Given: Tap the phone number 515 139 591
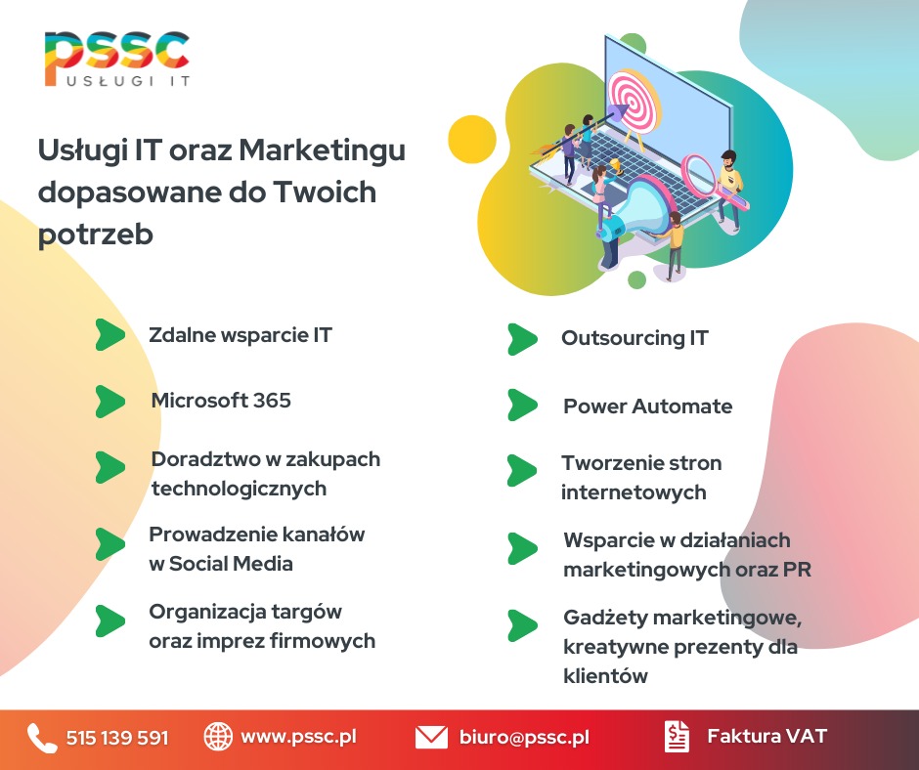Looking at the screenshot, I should tap(117, 738).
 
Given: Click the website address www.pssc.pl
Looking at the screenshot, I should tap(297, 737).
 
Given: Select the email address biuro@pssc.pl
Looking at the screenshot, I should tap(524, 738).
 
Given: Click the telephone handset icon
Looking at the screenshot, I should tap(42, 738).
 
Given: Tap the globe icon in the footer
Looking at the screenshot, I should tap(218, 737).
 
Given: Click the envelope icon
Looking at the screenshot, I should tap(431, 738).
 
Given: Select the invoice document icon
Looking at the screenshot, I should tap(676, 737).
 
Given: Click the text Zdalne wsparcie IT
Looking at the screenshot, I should tap(241, 335).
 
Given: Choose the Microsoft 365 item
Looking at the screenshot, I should tap(221, 401).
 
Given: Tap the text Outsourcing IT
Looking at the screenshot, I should tap(635, 339).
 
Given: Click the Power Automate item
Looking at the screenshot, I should tap(647, 406).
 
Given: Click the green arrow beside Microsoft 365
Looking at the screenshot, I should tap(110, 401).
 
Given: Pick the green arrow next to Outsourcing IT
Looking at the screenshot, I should tap(522, 339).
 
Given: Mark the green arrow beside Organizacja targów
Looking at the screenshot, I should tap(110, 620).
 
